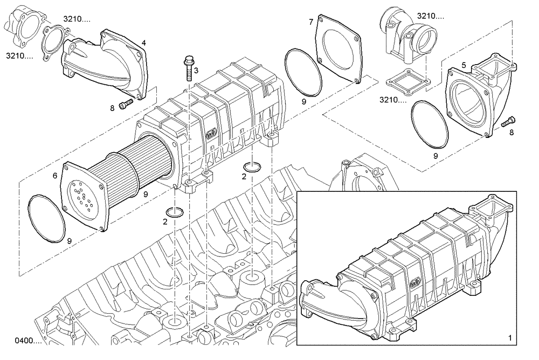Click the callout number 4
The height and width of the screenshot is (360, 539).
[x=143, y=42]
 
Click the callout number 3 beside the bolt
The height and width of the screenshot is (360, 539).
[x=196, y=71]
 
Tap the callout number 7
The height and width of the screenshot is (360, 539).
[x=311, y=22]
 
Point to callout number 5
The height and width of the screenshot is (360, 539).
[x=464, y=65]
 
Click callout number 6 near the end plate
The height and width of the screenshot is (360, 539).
[x=55, y=176]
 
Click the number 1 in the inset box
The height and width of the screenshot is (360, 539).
[x=510, y=338]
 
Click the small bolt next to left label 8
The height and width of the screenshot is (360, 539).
[x=126, y=105]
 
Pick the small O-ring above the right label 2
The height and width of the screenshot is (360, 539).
[x=253, y=164]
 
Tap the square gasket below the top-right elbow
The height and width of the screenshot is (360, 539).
[x=407, y=81]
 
